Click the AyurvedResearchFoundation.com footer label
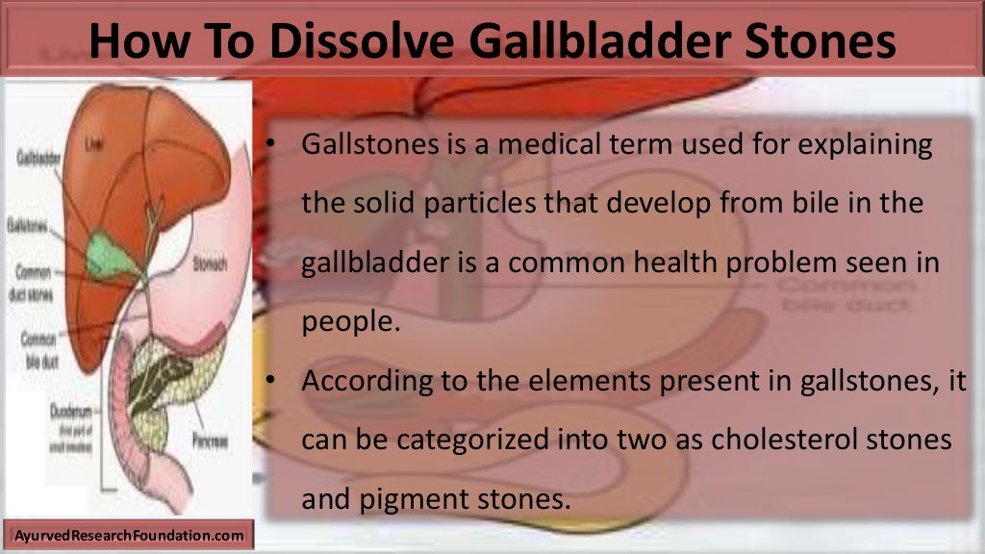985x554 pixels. (130, 534)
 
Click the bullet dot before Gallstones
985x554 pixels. (272, 146)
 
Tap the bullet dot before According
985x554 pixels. (272, 380)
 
